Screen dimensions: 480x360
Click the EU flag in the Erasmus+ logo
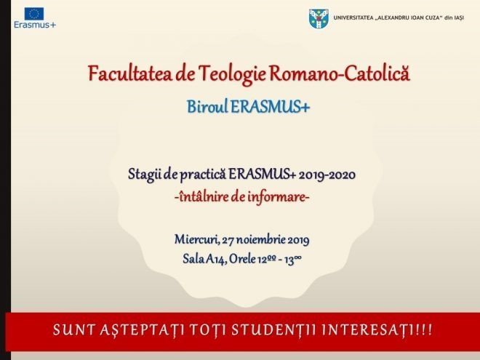pyautogui.click(x=34, y=14)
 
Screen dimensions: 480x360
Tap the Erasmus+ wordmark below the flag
pyautogui.click(x=35, y=25)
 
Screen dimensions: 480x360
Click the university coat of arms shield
pyautogui.click(x=319, y=19)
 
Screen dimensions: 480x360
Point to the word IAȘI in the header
pyautogui.click(x=458, y=17)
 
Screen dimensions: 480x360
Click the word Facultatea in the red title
pyautogui.click(x=129, y=73)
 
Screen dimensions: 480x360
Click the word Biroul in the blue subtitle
pyautogui.click(x=207, y=107)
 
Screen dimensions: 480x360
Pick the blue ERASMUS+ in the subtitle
pyautogui.click(x=270, y=107)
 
